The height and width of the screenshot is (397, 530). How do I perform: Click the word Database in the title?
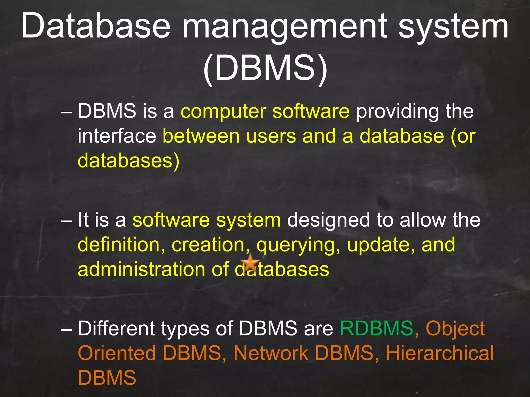[96, 26]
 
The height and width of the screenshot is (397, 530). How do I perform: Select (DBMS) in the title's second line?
[265, 68]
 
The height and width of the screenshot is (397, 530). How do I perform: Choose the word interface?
[117, 136]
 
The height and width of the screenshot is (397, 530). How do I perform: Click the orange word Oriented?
[117, 353]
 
